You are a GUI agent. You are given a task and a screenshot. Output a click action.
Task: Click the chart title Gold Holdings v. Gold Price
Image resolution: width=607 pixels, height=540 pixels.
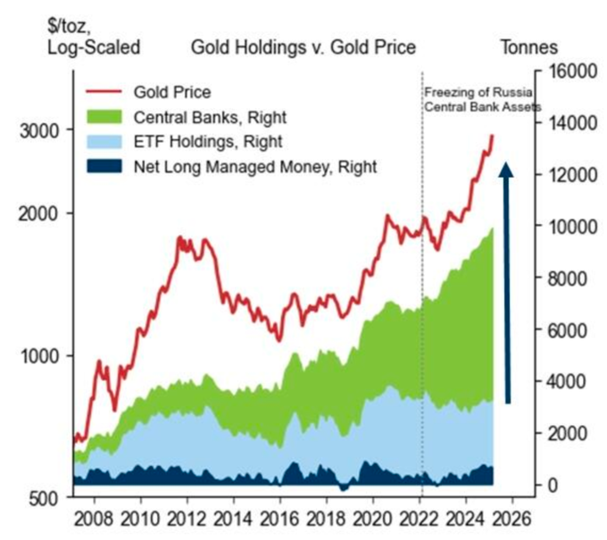pos(303,46)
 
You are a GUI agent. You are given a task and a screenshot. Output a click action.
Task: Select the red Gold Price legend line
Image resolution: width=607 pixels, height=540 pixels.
pos(104,91)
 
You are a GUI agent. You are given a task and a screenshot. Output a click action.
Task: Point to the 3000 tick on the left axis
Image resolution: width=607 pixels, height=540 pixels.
pos(41,129)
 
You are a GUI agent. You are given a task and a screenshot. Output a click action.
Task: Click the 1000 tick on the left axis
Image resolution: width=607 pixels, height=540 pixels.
pos(41,355)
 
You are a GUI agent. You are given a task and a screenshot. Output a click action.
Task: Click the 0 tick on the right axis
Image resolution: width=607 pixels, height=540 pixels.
pos(554,485)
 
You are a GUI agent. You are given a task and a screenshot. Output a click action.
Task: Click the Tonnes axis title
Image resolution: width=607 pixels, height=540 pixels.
pos(528,46)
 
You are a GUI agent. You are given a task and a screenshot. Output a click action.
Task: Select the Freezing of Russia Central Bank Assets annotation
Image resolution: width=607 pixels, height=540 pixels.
pos(478,99)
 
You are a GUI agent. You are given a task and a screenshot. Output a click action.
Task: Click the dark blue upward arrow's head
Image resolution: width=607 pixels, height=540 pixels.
pos(507,170)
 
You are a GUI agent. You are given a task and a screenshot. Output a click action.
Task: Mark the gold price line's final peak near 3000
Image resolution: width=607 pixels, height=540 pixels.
pos(492,136)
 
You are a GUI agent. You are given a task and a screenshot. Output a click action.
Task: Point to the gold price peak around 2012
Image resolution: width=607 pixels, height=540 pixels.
pos(180,238)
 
